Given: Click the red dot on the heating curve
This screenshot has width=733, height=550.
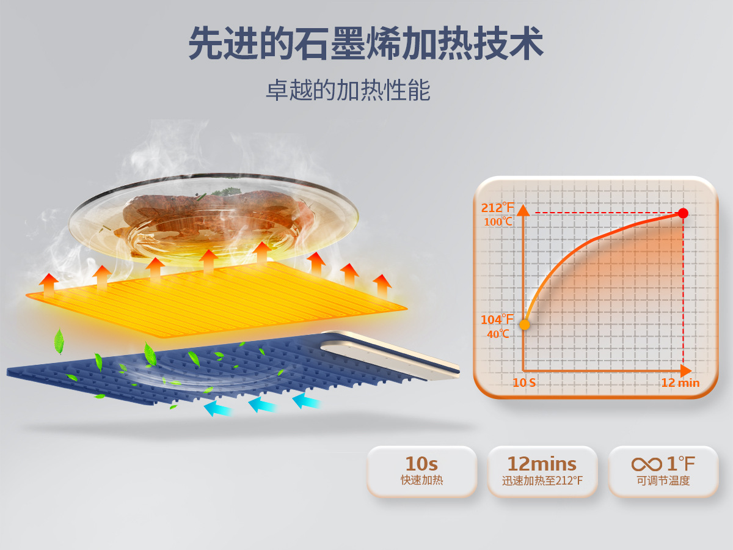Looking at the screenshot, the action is pyautogui.click(x=684, y=213).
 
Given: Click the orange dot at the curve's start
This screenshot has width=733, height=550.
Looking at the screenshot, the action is pyautogui.click(x=525, y=324).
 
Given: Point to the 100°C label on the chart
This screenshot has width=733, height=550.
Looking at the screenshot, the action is pyautogui.click(x=498, y=222).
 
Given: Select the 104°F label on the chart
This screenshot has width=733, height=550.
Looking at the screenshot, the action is pyautogui.click(x=497, y=320).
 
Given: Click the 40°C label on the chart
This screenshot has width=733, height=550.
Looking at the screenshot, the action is pyautogui.click(x=498, y=334).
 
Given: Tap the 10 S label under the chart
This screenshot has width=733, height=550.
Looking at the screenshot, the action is pyautogui.click(x=524, y=383).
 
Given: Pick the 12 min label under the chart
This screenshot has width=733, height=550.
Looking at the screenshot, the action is pyautogui.click(x=680, y=383).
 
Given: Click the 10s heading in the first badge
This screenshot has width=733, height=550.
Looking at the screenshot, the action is pyautogui.click(x=421, y=464).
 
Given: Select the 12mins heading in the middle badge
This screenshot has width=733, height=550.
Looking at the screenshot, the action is pyautogui.click(x=542, y=464).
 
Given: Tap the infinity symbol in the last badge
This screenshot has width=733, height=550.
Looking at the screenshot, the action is pyautogui.click(x=646, y=464).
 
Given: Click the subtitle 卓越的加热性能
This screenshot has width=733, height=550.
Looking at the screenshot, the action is pyautogui.click(x=348, y=90).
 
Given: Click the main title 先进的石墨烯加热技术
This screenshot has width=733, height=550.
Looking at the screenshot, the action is pyautogui.click(x=366, y=43).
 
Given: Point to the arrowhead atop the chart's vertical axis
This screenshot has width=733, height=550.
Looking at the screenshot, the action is pyautogui.click(x=523, y=210).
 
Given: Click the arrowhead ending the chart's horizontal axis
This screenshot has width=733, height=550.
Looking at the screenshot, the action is pyautogui.click(x=686, y=371).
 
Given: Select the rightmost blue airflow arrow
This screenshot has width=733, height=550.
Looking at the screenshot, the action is pyautogui.click(x=307, y=400).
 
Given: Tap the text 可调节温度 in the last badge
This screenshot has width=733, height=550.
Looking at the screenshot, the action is pyautogui.click(x=663, y=480).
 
